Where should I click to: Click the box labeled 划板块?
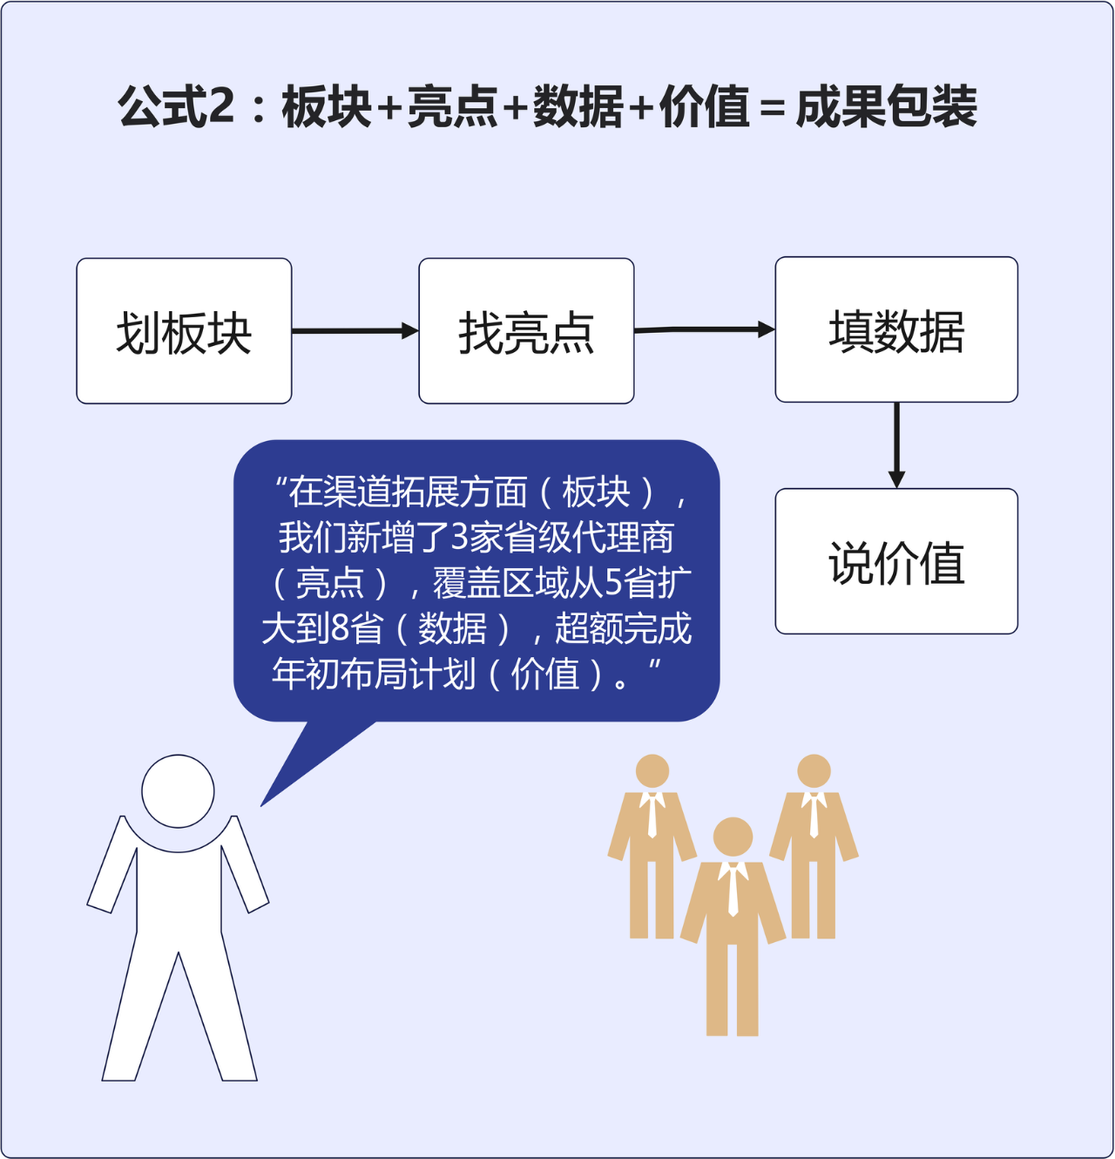point(184,331)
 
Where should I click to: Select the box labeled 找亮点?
point(526,331)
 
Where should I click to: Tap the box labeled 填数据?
point(896,330)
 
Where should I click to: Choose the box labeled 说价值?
point(896,561)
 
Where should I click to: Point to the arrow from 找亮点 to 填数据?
point(704,329)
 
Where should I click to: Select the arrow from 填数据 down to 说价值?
point(896,444)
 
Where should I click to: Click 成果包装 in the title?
point(886,107)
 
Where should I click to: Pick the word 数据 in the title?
point(578,107)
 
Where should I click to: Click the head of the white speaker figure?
point(178,791)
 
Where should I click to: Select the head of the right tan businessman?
point(814,771)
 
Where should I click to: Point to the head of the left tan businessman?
point(652,771)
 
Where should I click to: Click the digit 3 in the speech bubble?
point(460,538)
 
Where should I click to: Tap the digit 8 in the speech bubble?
point(341,628)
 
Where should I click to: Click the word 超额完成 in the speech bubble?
point(623,628)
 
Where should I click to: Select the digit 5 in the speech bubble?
point(613,583)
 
